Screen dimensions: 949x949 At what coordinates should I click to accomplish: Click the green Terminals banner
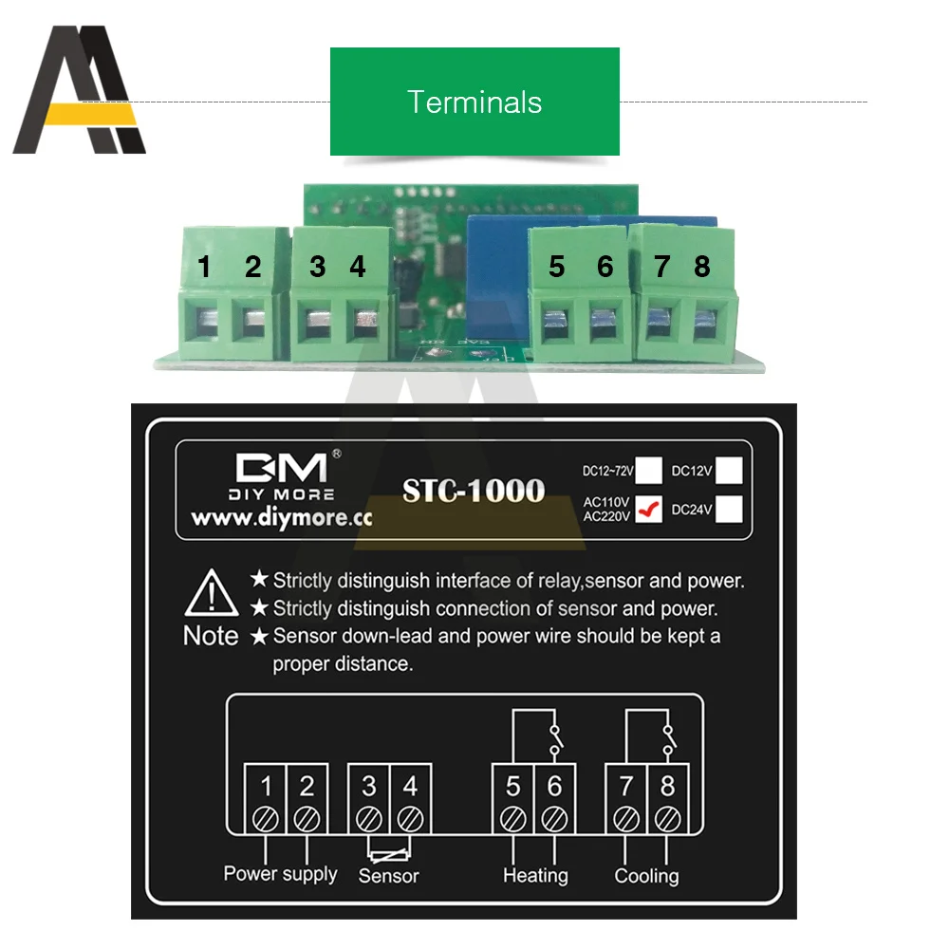[474, 102]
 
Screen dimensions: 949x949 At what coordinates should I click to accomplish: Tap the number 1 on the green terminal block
[204, 267]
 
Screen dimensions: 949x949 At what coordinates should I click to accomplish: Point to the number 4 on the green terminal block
[357, 267]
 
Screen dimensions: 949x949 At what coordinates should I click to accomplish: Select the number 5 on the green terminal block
[556, 267]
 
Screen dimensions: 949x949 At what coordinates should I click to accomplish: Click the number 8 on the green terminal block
[701, 267]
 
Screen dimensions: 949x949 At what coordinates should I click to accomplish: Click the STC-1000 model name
[474, 491]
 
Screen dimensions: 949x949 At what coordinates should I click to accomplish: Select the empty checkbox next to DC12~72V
[649, 470]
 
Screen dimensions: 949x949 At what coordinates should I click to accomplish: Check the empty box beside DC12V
[728, 470]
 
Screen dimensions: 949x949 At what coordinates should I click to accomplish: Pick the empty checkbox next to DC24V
[728, 510]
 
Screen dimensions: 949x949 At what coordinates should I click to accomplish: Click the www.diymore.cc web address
[281, 519]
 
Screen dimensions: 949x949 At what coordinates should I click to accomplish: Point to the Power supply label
[280, 873]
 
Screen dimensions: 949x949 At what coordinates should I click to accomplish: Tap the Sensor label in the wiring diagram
[388, 876]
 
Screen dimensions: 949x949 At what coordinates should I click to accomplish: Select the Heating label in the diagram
[535, 875]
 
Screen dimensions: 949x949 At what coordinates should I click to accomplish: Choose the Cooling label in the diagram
[646, 875]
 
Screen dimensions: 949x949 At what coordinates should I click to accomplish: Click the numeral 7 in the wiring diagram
[626, 786]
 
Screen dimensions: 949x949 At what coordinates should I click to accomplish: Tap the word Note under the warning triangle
[211, 636]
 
